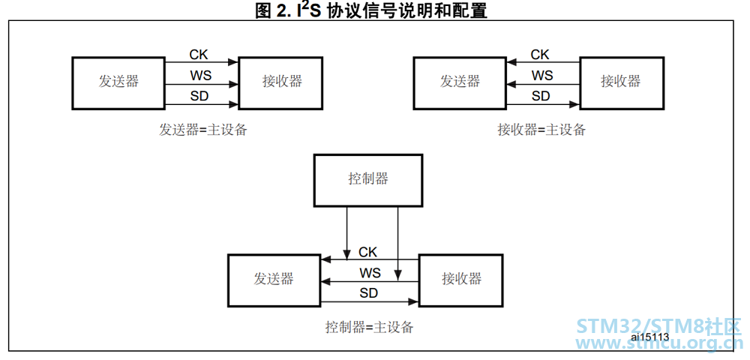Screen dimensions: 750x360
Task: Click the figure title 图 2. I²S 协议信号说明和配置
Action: tap(371, 10)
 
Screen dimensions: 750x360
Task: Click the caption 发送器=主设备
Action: tap(203, 130)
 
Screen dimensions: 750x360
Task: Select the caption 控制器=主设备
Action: tap(369, 328)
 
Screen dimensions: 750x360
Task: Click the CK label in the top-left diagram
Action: tap(199, 55)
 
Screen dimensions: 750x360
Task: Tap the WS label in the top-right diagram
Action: tap(542, 76)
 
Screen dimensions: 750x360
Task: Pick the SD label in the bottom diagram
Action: tap(369, 293)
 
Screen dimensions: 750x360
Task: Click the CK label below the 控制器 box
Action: tap(367, 251)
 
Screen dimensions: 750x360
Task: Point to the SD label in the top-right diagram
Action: tap(541, 96)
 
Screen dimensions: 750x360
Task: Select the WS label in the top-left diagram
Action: tap(201, 76)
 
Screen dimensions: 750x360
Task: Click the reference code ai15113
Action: tap(649, 337)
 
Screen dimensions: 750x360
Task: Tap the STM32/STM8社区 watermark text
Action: tap(658, 326)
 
